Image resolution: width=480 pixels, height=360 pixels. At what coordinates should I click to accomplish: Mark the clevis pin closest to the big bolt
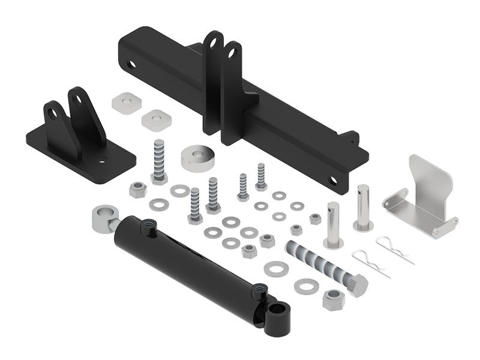click(334, 224)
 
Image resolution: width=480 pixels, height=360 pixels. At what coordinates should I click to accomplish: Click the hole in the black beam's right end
click(333, 180)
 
